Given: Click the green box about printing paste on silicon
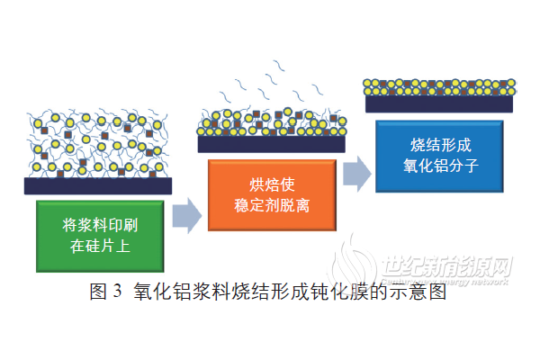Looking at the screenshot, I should pos(99,235).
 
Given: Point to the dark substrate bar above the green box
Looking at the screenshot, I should pos(98,185).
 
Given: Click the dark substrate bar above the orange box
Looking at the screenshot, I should pos(271,142).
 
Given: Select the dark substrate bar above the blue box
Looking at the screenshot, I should pos(439,103).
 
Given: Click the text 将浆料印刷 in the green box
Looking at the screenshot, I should pos(99,224).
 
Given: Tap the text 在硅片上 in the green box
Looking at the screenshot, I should pos(99,246).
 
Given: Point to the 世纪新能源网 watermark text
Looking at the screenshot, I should pos(446,267).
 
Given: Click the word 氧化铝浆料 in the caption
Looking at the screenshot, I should pos(178,292).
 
